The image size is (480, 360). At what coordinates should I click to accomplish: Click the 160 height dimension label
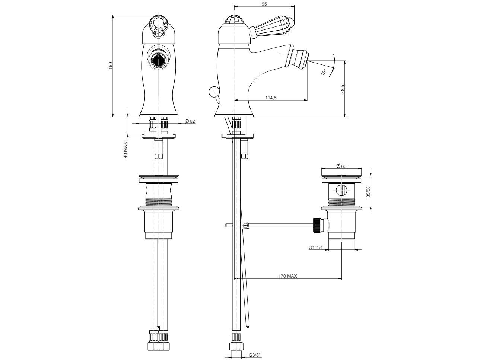(111, 66)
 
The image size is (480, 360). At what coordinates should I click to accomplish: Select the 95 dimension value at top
(264, 4)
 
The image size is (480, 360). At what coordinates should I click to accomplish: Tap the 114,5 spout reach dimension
(271, 98)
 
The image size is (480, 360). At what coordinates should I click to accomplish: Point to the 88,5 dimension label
(342, 89)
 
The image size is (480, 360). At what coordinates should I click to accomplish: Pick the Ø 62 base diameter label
(190, 121)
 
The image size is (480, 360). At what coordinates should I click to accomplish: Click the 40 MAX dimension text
(125, 150)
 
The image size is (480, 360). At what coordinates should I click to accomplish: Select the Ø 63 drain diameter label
(341, 166)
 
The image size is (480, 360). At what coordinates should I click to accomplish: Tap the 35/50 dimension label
(368, 192)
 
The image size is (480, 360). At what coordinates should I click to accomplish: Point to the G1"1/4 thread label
(315, 248)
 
